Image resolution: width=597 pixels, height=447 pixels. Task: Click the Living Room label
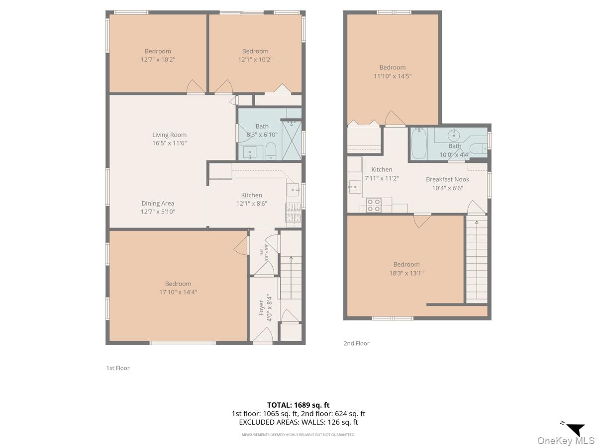point(169,135)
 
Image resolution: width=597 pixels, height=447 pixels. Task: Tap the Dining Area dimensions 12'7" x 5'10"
point(158,212)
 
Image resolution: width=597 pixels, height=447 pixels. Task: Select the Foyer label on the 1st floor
point(261,308)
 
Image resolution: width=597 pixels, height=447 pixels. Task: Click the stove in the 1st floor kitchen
point(293,212)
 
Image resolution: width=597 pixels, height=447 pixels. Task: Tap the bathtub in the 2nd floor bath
point(419,144)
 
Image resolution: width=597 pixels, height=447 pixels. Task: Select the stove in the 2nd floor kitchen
point(374,205)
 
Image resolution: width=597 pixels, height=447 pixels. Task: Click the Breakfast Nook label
point(447,179)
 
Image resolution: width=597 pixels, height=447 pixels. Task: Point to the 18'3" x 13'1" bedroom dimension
point(406,273)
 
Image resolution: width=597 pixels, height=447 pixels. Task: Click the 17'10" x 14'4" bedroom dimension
point(178,292)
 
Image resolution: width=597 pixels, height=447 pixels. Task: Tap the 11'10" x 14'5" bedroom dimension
point(393,76)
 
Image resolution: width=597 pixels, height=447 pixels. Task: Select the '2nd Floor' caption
point(356,343)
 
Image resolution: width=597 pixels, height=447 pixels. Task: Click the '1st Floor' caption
point(118,368)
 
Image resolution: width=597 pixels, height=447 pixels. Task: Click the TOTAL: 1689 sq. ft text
point(298,405)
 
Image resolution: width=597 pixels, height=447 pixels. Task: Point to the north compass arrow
point(576,429)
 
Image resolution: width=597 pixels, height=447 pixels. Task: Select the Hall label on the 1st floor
point(261,252)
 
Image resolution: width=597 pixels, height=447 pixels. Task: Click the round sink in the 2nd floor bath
point(454,135)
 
